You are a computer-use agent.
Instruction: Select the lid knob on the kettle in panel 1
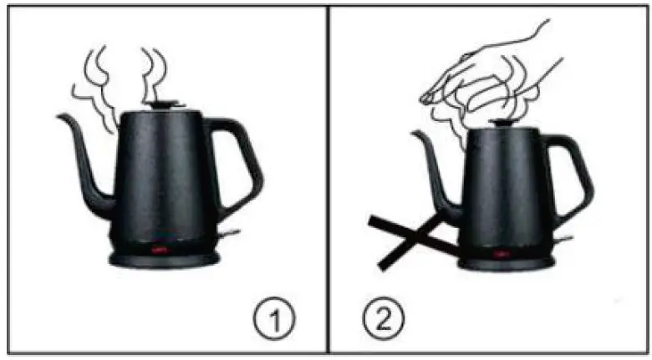click(x=164, y=104)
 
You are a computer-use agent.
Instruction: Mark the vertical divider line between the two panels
click(x=327, y=180)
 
